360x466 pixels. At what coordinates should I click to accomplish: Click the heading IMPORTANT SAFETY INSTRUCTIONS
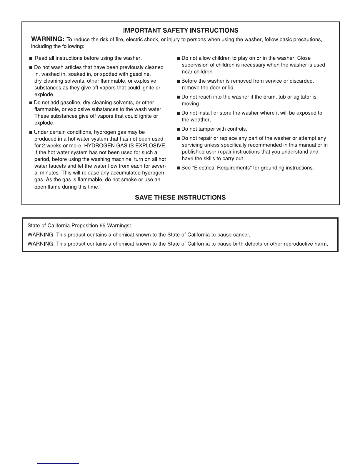(181, 30)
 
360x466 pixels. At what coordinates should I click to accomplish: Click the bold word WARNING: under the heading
(47, 39)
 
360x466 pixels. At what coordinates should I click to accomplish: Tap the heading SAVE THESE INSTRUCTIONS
(180, 197)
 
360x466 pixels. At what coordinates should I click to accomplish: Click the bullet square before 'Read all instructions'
(31, 59)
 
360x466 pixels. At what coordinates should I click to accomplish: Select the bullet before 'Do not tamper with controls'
(178, 129)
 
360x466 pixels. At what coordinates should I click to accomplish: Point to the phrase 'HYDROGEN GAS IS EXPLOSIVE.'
(125, 146)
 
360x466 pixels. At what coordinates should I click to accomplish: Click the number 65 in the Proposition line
(103, 226)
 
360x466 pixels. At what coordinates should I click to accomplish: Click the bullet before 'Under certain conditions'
(31, 132)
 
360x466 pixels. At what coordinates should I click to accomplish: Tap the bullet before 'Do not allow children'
(178, 59)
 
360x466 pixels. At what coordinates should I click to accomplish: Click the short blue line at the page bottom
(58, 463)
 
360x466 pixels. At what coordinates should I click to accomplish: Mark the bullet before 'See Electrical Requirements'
(178, 168)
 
